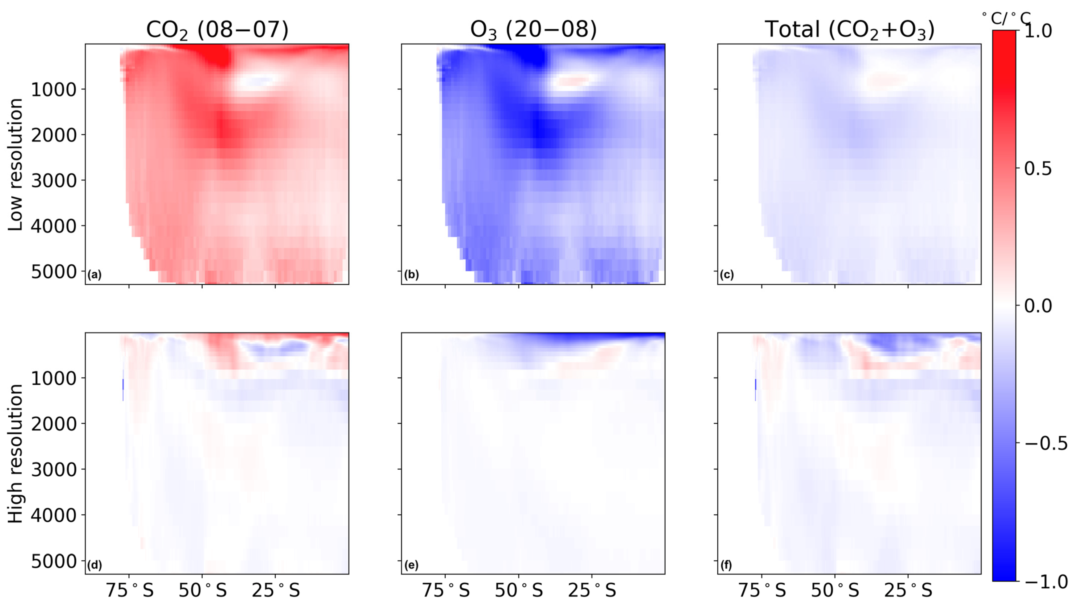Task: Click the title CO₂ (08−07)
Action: (217, 30)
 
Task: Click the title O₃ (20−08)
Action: (533, 30)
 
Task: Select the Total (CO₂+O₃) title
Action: (849, 30)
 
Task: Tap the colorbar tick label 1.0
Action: (1038, 31)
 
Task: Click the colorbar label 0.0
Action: (1038, 306)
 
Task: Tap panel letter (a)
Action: (94, 275)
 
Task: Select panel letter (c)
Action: (727, 275)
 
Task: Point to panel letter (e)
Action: (411, 565)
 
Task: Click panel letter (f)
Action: (726, 565)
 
